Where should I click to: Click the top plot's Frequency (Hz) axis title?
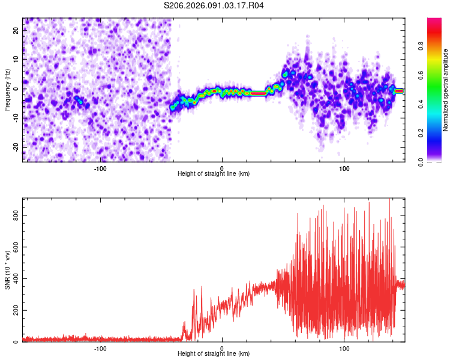7,90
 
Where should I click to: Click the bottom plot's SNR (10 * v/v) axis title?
7,270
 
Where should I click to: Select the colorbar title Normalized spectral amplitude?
446,90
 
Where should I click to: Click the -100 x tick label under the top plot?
100,167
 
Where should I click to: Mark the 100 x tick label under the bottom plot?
344,348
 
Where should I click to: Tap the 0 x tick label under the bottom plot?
222,348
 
